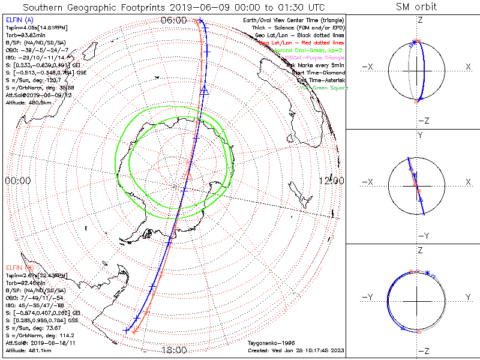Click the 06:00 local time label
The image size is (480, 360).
pyautogui.click(x=174, y=20)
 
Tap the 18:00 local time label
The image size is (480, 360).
pyautogui.click(x=174, y=350)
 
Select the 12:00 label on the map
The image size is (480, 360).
pyautogui.click(x=332, y=181)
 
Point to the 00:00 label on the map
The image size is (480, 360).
pyautogui.click(x=17, y=181)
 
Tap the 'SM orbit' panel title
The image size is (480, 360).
pyautogui.click(x=416, y=7)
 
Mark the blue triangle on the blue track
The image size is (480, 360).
pyautogui.click(x=204, y=90)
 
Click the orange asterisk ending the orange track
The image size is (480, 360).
pyautogui.click(x=135, y=331)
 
